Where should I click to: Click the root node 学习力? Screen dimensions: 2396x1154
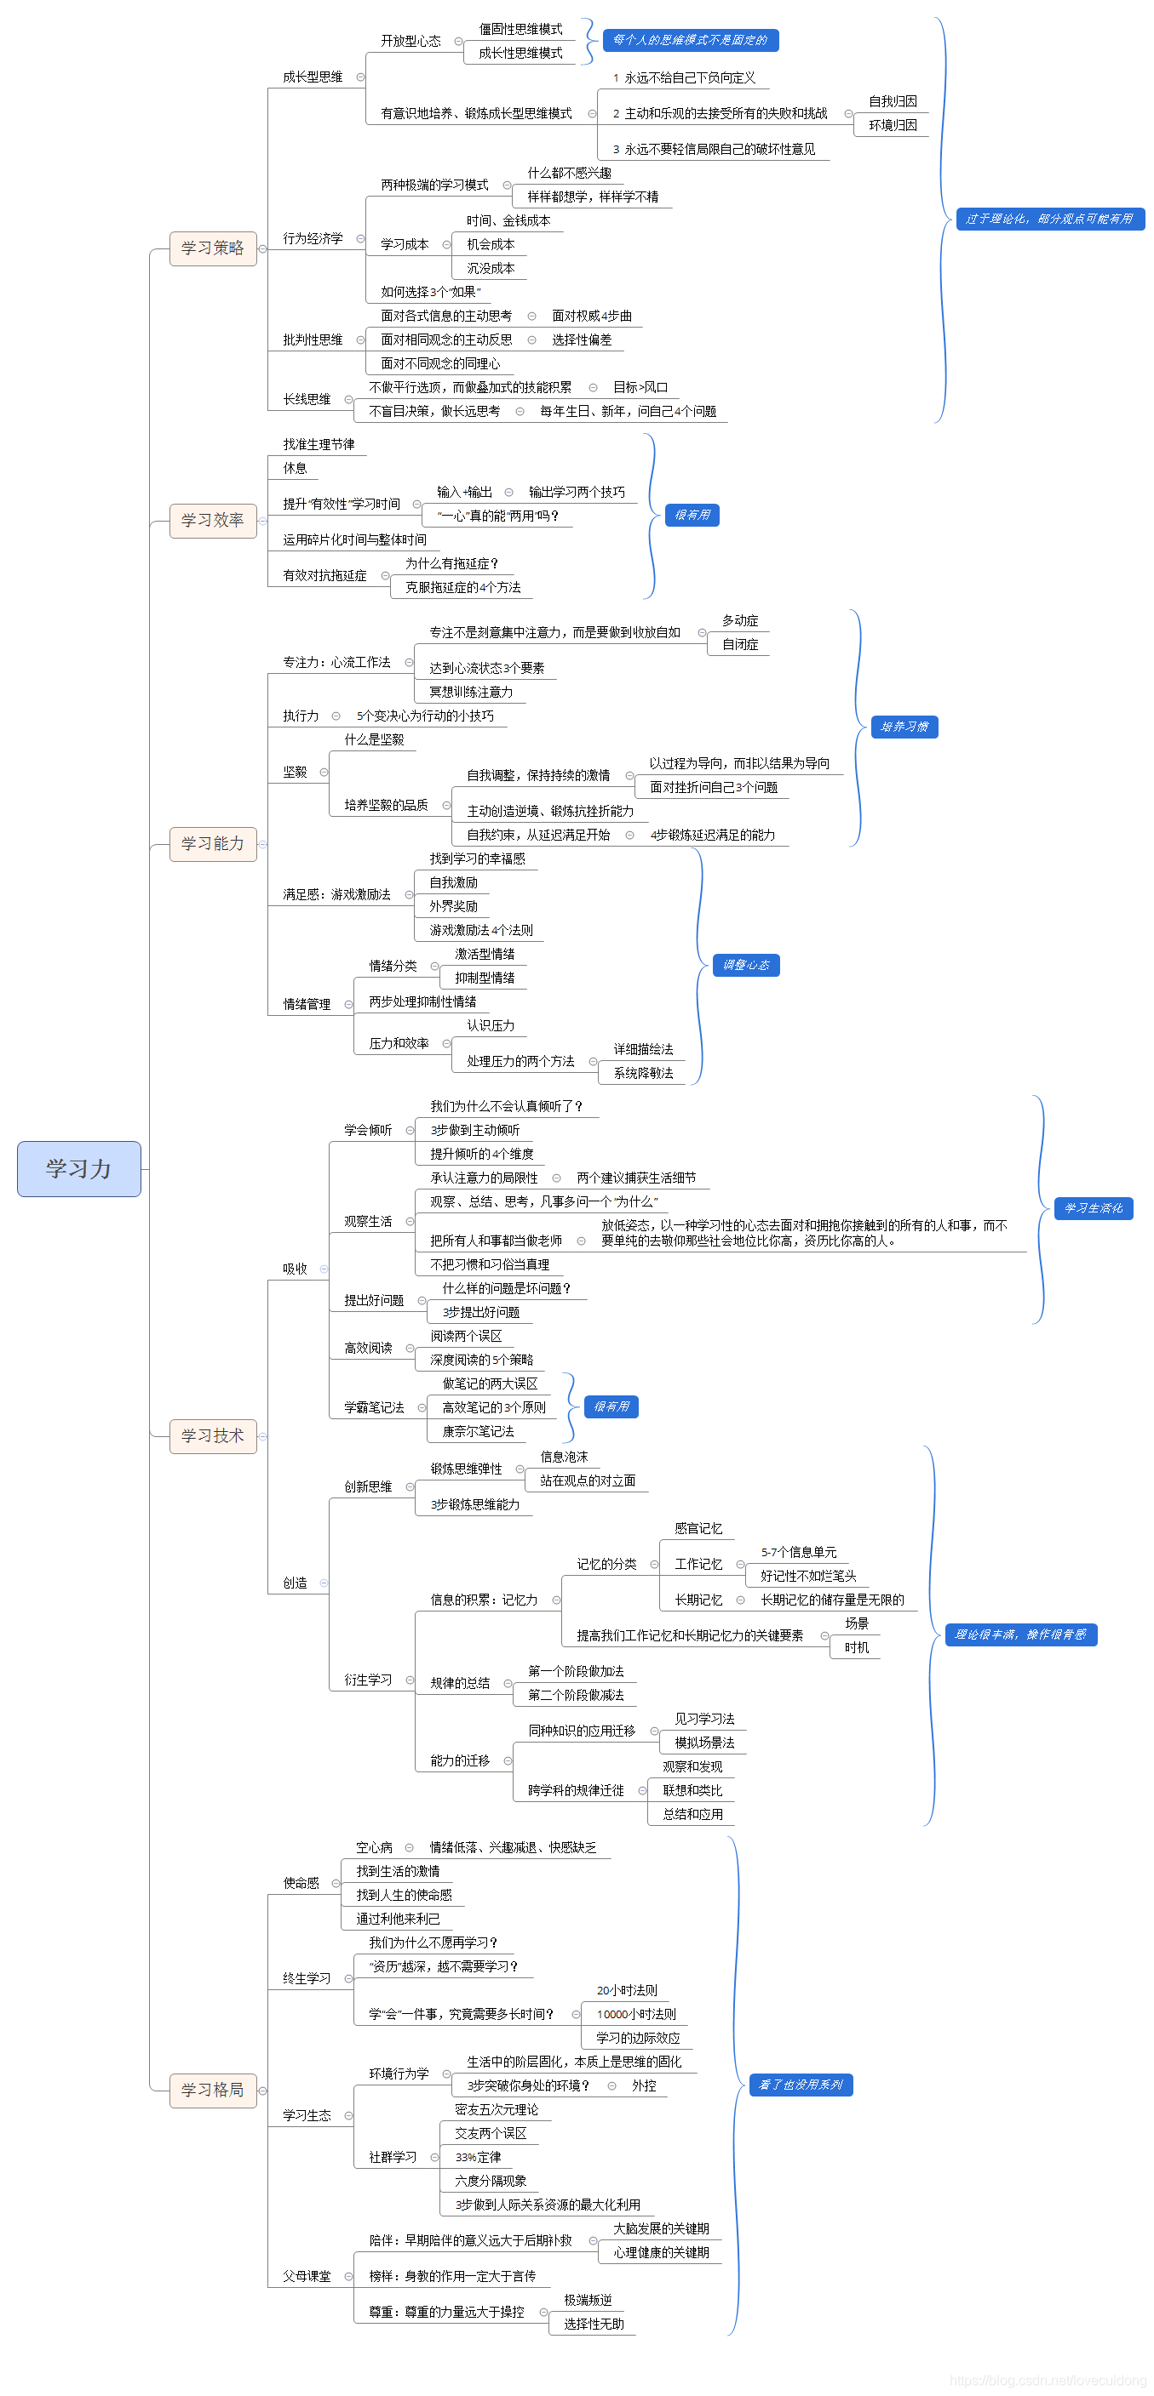[79, 1168]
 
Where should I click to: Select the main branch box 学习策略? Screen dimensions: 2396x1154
[212, 248]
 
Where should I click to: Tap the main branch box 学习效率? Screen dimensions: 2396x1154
[212, 520]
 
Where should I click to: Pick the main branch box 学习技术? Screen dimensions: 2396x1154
[212, 1436]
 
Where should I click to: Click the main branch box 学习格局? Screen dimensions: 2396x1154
[212, 2090]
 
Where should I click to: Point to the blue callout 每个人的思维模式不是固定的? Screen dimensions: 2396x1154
[691, 40]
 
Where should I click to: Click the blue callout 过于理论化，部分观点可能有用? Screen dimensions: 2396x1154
[1050, 219]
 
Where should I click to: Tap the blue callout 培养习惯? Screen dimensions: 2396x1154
[904, 727]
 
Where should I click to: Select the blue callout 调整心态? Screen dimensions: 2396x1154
[746, 966]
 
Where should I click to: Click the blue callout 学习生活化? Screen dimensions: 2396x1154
[1094, 1208]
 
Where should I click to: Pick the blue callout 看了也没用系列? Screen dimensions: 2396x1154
[801, 2085]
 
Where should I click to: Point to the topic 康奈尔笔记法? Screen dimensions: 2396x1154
[479, 1431]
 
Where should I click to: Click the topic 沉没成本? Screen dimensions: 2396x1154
[491, 269]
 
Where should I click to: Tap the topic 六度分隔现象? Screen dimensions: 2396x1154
[491, 2181]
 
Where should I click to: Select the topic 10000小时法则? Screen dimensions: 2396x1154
[636, 2014]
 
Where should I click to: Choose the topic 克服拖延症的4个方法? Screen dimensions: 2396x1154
[462, 588]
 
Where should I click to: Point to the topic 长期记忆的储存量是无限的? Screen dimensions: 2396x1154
[832, 1600]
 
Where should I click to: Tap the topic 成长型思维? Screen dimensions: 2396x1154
[313, 77]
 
